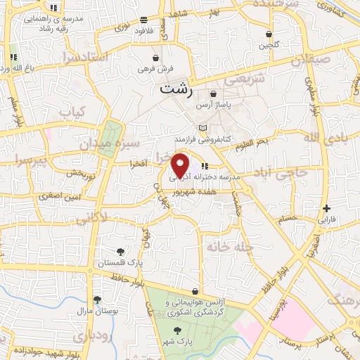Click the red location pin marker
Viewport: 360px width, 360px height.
181,165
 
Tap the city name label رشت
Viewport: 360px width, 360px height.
175,89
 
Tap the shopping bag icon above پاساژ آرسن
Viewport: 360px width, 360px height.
213,94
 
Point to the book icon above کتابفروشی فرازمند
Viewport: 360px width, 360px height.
203,127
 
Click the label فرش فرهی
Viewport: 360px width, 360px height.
155,69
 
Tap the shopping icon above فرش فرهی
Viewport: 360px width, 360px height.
155,58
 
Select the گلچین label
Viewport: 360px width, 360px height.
269,45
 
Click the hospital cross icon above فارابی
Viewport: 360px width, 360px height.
326,208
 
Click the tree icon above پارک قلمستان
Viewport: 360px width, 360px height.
122,251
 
